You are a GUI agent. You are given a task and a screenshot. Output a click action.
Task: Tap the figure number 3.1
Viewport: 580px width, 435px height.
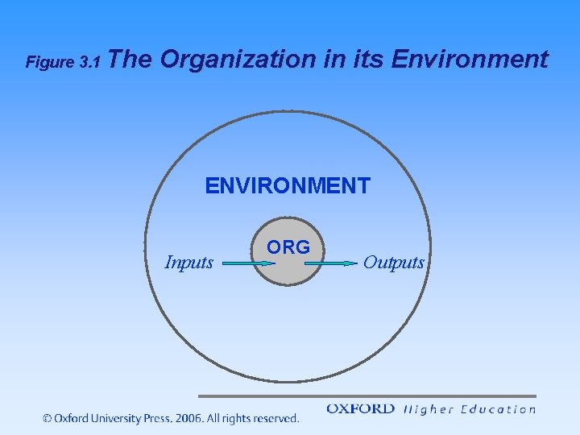pyautogui.click(x=88, y=62)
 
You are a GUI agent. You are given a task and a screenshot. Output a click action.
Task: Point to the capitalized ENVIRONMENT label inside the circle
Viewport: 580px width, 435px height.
pyautogui.click(x=288, y=186)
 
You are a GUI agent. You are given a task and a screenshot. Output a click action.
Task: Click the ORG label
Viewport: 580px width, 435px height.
pyautogui.click(x=288, y=247)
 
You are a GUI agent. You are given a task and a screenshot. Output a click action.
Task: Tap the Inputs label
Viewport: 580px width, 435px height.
pyautogui.click(x=188, y=263)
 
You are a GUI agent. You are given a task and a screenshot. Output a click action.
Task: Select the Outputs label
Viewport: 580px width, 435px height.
pyautogui.click(x=393, y=263)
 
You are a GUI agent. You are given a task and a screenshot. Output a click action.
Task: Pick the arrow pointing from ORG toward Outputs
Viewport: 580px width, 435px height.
pyautogui.click(x=333, y=263)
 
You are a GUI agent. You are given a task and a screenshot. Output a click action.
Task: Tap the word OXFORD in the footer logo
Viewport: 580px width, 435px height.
pyautogui.click(x=360, y=409)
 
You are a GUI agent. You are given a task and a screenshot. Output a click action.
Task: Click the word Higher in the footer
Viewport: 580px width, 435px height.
pyautogui.click(x=427, y=409)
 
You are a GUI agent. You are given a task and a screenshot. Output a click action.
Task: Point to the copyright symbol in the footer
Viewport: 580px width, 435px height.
pyautogui.click(x=47, y=418)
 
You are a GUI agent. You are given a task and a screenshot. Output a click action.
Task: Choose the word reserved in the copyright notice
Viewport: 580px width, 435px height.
pyautogui.click(x=275, y=418)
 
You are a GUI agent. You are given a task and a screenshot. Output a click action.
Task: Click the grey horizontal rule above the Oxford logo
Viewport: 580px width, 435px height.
pyautogui.click(x=367, y=396)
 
